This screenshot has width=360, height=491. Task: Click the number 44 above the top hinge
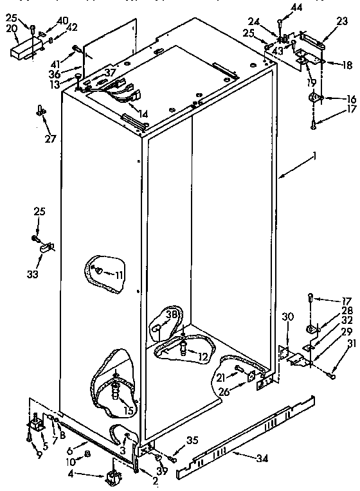coord(296,7)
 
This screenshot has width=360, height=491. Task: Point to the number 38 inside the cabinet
coord(170,316)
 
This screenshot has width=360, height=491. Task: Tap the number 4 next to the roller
coord(90,476)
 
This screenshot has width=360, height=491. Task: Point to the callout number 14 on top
coord(143,114)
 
